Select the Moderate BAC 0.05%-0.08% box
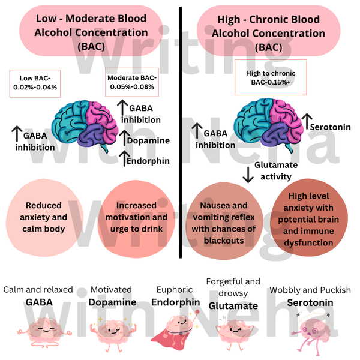131,82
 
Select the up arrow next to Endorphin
124,160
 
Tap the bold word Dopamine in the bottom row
112,302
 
